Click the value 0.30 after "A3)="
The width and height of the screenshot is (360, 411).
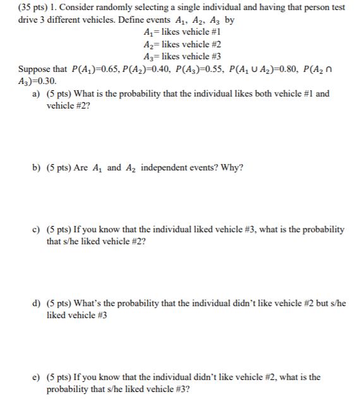47,81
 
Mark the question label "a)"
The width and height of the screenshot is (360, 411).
36,93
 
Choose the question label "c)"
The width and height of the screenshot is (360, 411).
36,229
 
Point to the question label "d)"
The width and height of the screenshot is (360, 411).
36,303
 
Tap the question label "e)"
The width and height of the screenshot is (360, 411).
36,377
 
